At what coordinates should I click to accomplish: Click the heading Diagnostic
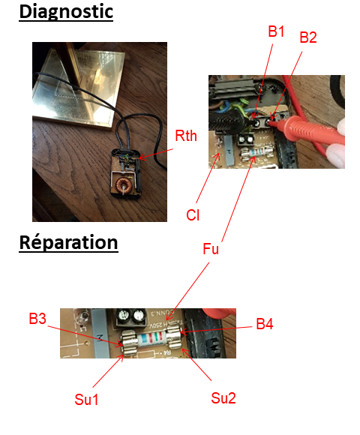pyautogui.click(x=66, y=12)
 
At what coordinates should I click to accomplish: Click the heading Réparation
pyautogui.click(x=68, y=243)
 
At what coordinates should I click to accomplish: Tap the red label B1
pyautogui.click(x=276, y=31)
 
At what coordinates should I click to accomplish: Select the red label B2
pyautogui.click(x=308, y=37)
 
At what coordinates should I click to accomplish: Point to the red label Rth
pyautogui.click(x=186, y=136)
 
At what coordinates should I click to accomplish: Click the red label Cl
pyautogui.click(x=193, y=215)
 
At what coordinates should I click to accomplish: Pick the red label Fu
pyautogui.click(x=211, y=249)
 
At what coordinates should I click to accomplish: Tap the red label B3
pyautogui.click(x=37, y=319)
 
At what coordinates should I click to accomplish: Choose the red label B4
pyautogui.click(x=265, y=324)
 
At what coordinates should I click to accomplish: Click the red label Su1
pyautogui.click(x=86, y=400)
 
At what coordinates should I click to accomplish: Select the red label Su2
pyautogui.click(x=223, y=398)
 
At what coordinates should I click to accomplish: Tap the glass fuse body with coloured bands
pyautogui.click(x=151, y=339)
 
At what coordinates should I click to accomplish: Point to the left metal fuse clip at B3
pyautogui.click(x=130, y=343)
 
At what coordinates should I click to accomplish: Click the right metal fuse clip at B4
pyautogui.click(x=174, y=337)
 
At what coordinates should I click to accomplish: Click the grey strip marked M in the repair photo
pyautogui.click(x=100, y=333)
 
